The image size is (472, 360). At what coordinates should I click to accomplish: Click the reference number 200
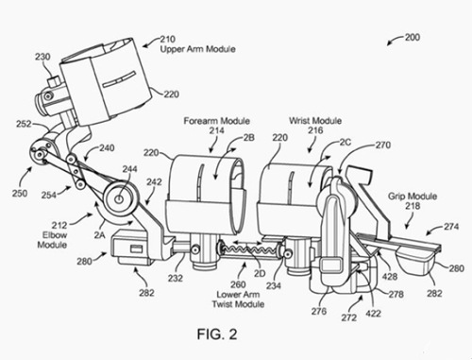click(413, 38)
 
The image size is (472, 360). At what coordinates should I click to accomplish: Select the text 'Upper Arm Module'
click(198, 49)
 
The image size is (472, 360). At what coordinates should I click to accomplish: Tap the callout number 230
click(42, 57)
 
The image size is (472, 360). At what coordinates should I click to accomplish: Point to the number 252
click(24, 124)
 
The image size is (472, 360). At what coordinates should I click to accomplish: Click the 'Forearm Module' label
click(217, 121)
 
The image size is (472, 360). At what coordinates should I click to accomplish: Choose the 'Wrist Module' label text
click(315, 121)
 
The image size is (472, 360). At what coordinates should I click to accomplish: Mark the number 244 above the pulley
click(129, 169)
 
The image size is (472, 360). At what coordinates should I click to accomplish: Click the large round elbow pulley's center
click(120, 199)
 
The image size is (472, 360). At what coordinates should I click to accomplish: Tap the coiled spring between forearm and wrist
click(247, 250)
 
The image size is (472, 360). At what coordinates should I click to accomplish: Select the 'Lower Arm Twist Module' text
click(238, 300)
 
